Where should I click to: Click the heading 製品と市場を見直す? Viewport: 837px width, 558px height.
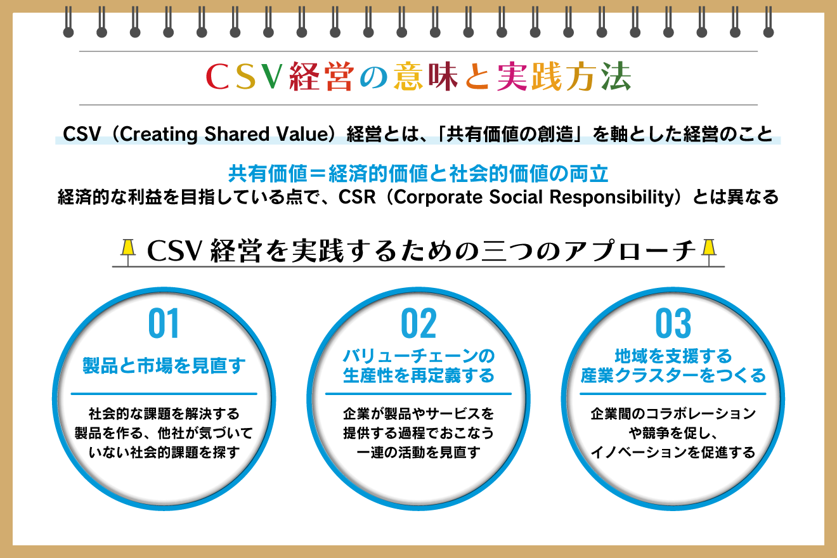click(164, 366)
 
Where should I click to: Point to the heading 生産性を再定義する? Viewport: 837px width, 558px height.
click(418, 375)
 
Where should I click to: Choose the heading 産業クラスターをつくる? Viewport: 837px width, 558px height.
click(673, 375)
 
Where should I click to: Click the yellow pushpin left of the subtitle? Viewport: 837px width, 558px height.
click(129, 248)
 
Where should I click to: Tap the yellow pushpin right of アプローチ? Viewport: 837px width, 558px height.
click(708, 248)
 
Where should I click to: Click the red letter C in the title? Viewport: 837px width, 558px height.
click(218, 78)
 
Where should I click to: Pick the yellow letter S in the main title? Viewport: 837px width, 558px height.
click(244, 78)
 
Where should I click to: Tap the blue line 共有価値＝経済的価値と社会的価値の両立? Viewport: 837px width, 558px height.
click(418, 172)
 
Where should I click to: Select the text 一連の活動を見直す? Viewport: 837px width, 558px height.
click(418, 452)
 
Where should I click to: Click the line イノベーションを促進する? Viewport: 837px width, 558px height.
click(673, 452)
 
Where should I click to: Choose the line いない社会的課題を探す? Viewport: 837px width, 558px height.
click(164, 452)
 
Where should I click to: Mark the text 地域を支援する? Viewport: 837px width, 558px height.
click(673, 355)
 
